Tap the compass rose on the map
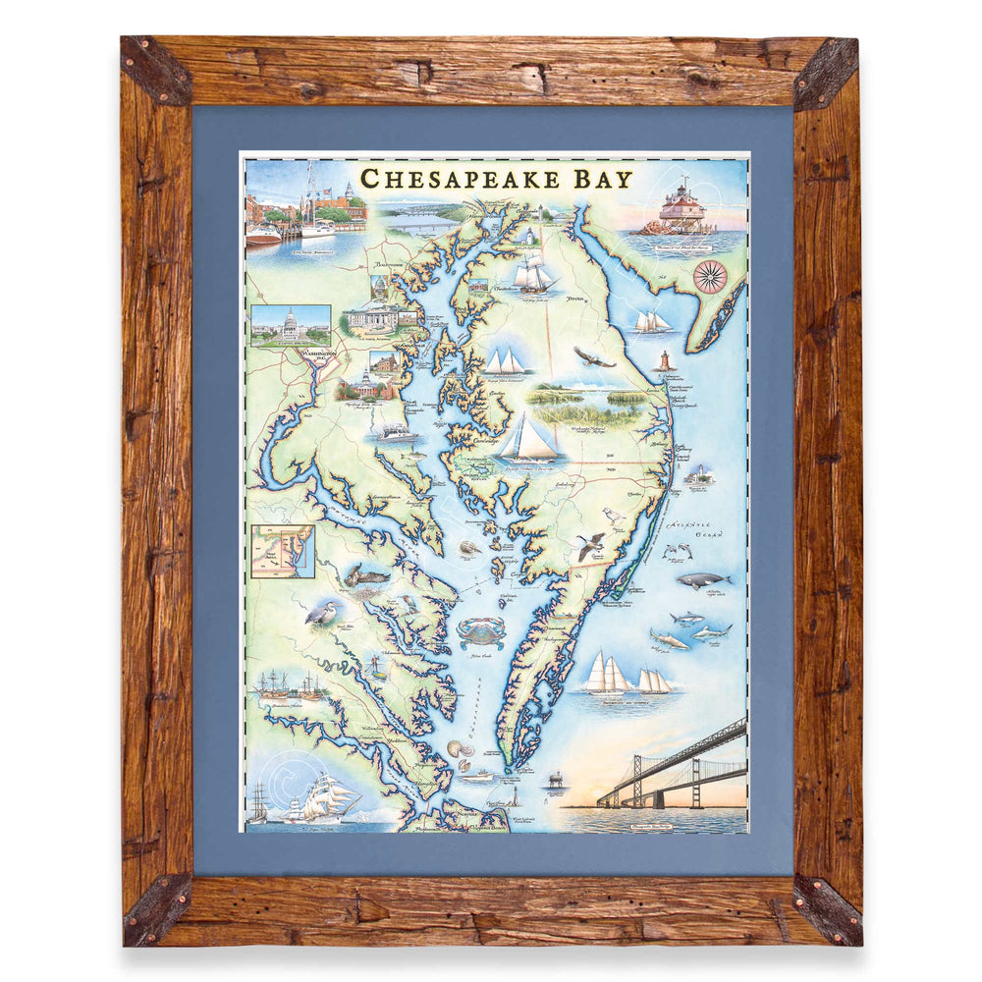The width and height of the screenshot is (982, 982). [709, 276]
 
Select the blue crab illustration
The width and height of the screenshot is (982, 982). [481, 631]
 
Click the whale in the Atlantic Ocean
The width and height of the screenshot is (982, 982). [703, 580]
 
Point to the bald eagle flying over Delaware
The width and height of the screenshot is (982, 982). [592, 357]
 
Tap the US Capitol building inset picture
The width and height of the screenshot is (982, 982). [290, 324]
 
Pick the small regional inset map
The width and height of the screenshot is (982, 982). [282, 551]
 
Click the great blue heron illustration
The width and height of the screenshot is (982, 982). [323, 615]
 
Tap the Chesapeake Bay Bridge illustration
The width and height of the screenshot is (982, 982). [678, 766]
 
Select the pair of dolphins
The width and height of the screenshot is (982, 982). [677, 552]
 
